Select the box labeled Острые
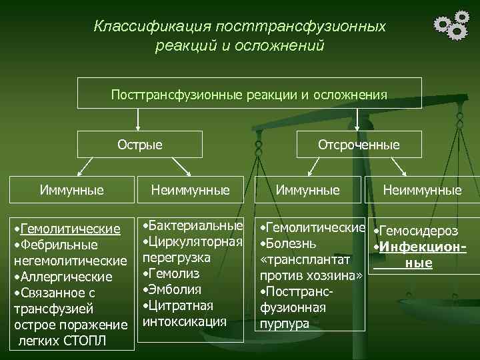(x=140, y=144)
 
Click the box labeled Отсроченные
(x=359, y=144)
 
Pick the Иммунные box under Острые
(x=71, y=190)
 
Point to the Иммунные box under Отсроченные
(x=307, y=190)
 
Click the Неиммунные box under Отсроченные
(x=422, y=190)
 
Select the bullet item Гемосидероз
(x=419, y=231)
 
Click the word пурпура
(x=285, y=323)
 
